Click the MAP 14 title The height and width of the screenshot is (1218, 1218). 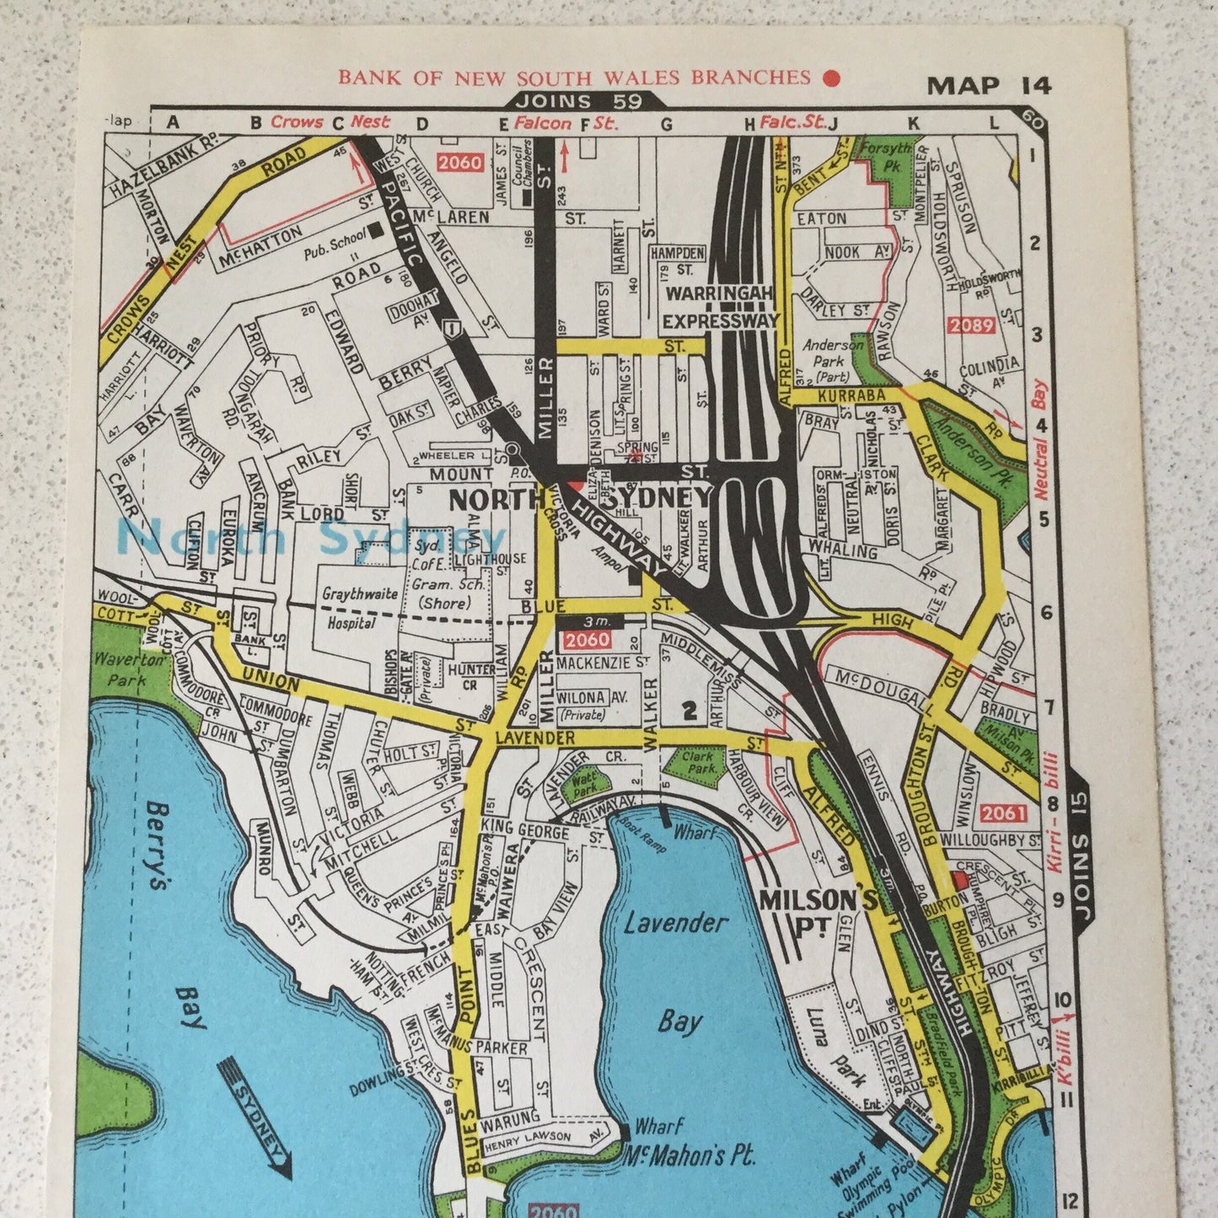click(x=989, y=86)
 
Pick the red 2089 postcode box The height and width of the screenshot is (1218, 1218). click(x=971, y=325)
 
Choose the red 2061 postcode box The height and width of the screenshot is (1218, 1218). click(x=1003, y=813)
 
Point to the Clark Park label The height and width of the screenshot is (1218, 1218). click(x=700, y=762)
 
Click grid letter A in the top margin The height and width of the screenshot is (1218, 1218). click(x=174, y=123)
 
